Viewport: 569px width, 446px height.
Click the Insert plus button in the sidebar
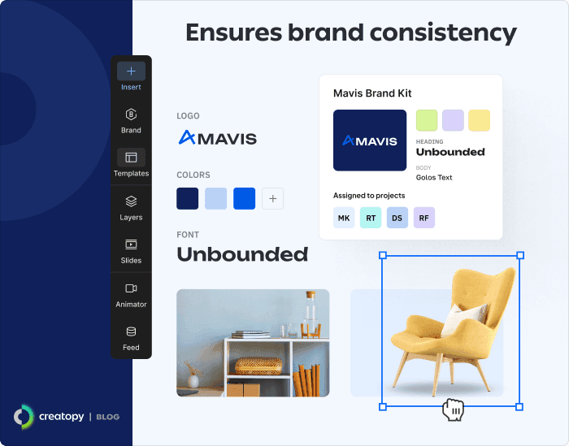pyautogui.click(x=131, y=71)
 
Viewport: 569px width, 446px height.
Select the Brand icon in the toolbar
pyautogui.click(x=131, y=115)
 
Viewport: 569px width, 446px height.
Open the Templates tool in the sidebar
pyautogui.click(x=131, y=158)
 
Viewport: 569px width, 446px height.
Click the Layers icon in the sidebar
pyautogui.click(x=131, y=201)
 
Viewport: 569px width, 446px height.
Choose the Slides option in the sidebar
pyautogui.click(x=131, y=245)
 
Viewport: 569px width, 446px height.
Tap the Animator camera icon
pyautogui.click(x=131, y=288)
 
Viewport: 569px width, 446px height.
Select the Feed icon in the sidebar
pyautogui.click(x=131, y=331)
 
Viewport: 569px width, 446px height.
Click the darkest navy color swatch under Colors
pyautogui.click(x=188, y=198)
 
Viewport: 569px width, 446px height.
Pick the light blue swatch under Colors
pyautogui.click(x=215, y=198)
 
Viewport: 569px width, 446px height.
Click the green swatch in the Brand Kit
pyautogui.click(x=427, y=120)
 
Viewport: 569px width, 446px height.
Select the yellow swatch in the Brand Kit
pyautogui.click(x=479, y=120)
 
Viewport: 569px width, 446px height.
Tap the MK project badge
pyautogui.click(x=344, y=218)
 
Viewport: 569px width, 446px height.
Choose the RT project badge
pyautogui.click(x=371, y=218)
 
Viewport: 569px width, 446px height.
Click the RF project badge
pyautogui.click(x=424, y=218)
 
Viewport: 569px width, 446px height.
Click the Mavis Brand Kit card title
pyautogui.click(x=372, y=93)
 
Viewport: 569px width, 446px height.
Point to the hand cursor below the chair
pyautogui.click(x=453, y=409)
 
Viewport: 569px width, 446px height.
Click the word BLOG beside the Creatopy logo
pyautogui.click(x=107, y=417)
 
